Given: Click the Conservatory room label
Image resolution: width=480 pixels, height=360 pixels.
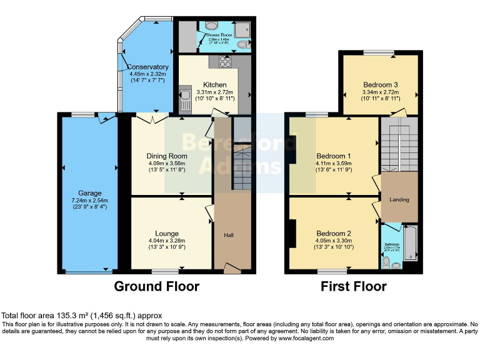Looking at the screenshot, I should pyautogui.click(x=148, y=67).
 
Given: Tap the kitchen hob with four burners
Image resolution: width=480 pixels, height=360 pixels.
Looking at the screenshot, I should pyautogui.click(x=225, y=61).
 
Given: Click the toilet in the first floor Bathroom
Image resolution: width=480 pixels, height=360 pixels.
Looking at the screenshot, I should pyautogui.click(x=387, y=264).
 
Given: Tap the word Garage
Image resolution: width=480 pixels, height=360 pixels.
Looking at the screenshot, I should pyautogui.click(x=90, y=193).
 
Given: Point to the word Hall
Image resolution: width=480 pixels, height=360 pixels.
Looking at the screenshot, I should pyautogui.click(x=229, y=236).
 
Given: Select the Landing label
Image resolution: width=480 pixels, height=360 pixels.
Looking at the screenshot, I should pyautogui.click(x=399, y=200).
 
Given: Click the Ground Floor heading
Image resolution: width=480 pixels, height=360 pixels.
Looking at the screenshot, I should pyautogui.click(x=156, y=286).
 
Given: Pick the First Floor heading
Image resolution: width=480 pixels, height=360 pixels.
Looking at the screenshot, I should pyautogui.click(x=353, y=286).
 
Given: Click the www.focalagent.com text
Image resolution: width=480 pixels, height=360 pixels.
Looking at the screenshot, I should pyautogui.click(x=305, y=338).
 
